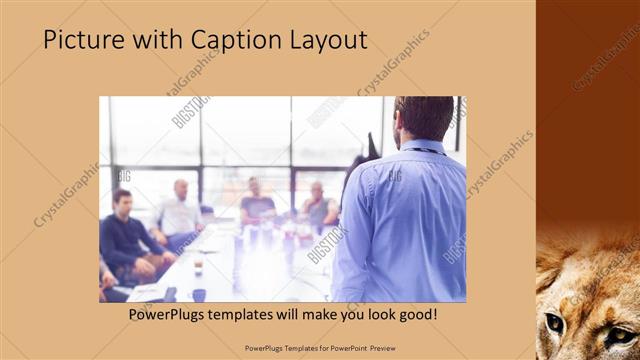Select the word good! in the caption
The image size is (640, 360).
click(x=414, y=315)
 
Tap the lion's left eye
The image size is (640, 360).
click(x=554, y=322)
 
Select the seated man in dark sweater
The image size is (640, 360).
click(x=126, y=235)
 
